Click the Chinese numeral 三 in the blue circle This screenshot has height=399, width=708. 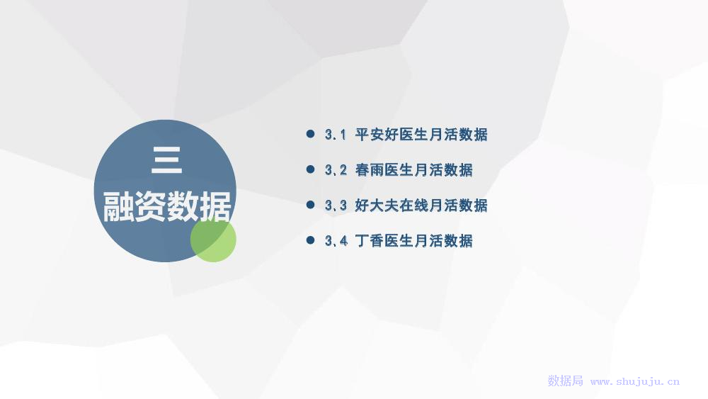coord(166,160)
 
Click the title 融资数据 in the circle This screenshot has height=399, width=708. coord(167,206)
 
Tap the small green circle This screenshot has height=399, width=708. coord(213,239)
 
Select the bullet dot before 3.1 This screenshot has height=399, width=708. coord(310,134)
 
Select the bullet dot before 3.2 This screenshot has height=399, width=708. coord(310,169)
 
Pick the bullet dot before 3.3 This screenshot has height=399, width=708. coord(310,205)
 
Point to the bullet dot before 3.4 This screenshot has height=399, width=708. coord(310,240)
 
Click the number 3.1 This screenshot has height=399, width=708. coord(336,135)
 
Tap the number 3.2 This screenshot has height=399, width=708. coord(336,170)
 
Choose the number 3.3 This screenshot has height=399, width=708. coord(336,206)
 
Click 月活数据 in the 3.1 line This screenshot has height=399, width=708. coord(458,135)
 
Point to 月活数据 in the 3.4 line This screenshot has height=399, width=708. coord(443,240)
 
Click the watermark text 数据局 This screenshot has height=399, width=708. coord(565,381)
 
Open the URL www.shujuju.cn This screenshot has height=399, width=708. coord(635,382)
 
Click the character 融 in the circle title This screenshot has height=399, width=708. coord(119,206)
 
